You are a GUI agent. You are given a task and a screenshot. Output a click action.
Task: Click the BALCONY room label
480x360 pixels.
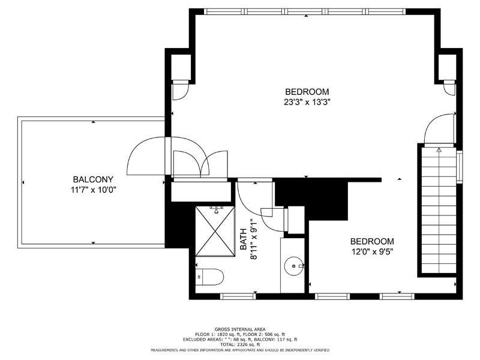[x=93, y=179]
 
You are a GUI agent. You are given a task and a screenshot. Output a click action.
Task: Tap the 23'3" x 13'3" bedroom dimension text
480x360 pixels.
[x=307, y=102]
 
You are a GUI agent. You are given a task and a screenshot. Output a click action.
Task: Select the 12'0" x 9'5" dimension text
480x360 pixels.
[x=372, y=252]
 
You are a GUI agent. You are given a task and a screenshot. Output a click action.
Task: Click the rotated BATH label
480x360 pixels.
[x=244, y=239]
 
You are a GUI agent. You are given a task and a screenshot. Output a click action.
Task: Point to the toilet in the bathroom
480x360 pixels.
[x=209, y=277]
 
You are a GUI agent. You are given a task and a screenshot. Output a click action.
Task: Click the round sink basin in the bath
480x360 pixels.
[x=294, y=266]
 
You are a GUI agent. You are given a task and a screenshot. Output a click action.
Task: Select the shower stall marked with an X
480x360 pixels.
[x=215, y=232]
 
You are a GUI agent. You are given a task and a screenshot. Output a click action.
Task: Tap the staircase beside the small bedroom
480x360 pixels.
[x=439, y=211]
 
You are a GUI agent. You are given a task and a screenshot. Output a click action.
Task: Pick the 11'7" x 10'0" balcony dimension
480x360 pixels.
[x=94, y=190]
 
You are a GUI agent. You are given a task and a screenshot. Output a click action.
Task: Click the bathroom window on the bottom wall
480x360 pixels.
[x=238, y=296]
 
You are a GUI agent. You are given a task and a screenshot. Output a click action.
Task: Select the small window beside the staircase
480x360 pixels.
[x=460, y=167]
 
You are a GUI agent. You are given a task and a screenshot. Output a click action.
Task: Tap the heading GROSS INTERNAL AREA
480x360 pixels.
[x=240, y=329]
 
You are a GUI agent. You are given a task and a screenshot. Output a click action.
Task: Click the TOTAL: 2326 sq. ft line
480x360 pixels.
[x=240, y=344]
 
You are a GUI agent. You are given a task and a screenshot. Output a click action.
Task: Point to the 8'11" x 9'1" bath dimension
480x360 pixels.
[x=254, y=239]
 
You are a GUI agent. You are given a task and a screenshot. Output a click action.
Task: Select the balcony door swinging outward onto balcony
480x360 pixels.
[x=146, y=156]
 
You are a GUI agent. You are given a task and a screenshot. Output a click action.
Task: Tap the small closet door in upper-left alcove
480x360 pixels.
[x=181, y=91]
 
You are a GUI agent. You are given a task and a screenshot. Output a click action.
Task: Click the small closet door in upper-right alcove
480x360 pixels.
[x=449, y=88]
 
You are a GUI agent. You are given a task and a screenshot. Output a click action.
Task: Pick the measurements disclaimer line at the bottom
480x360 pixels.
[x=240, y=350]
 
